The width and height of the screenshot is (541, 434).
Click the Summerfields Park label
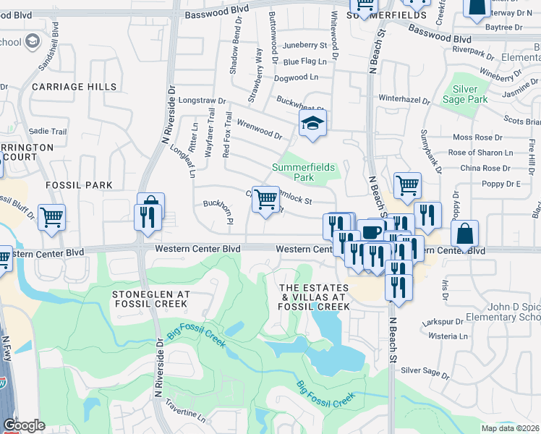tap(303, 172)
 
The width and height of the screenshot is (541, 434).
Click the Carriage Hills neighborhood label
tap(74, 87)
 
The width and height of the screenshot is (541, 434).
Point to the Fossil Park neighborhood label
tap(80, 185)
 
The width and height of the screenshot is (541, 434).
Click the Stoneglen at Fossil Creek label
tap(151, 299)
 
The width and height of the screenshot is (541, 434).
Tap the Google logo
tap(24, 425)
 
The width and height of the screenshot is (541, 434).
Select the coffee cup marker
tap(372, 232)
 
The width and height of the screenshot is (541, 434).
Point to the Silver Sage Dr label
tap(425, 371)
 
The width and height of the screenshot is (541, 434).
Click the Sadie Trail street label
tap(48, 132)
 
